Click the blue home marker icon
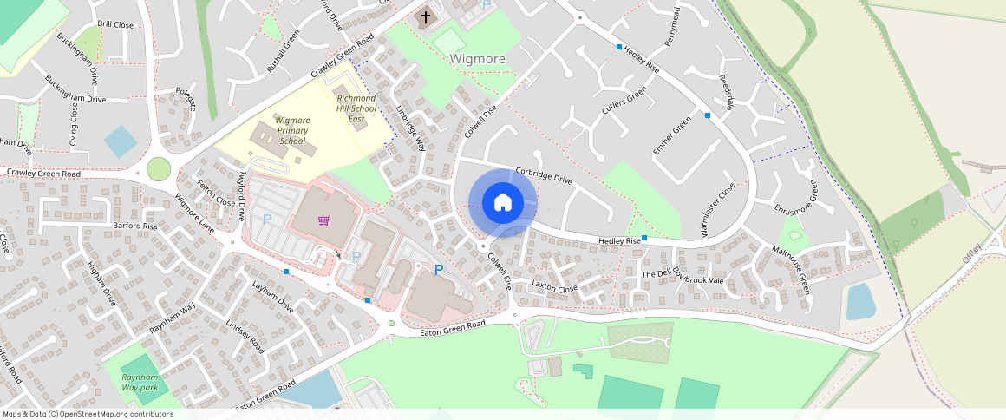(x=502, y=203)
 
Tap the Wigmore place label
(x=477, y=58)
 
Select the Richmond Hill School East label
(x=356, y=108)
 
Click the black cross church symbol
(x=425, y=16)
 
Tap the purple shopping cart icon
(x=323, y=220)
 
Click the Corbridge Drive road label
(x=544, y=175)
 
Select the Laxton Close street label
(x=554, y=286)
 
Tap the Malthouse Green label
(x=792, y=268)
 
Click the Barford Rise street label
(x=135, y=226)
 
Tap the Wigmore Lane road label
(x=194, y=212)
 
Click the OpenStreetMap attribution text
(x=88, y=414)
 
